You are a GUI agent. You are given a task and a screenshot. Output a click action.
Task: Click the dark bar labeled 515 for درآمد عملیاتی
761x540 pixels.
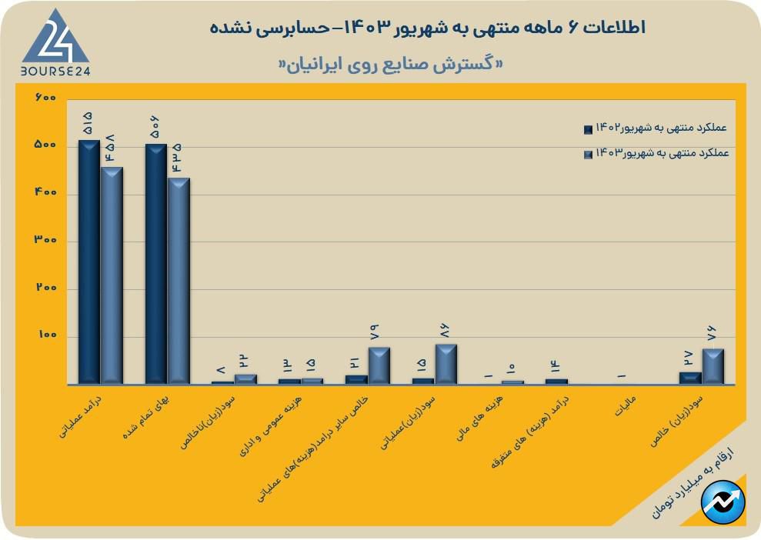pyautogui.click(x=88, y=262)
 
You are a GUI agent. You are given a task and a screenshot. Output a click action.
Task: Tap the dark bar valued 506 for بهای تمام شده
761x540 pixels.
pyautogui.click(x=156, y=264)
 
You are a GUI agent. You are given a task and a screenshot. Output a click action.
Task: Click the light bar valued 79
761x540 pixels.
pyautogui.click(x=379, y=365)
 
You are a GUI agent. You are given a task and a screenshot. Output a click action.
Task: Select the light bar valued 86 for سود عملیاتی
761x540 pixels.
pyautogui.click(x=446, y=364)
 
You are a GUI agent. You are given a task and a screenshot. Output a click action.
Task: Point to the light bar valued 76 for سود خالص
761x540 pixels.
pyautogui.click(x=713, y=366)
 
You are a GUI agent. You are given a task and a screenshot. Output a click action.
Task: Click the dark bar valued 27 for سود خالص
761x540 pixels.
pyautogui.click(x=690, y=378)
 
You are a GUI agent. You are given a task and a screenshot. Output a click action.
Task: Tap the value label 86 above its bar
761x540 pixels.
pyautogui.click(x=446, y=331)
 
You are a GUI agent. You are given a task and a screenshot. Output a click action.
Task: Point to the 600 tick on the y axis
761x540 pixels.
pyautogui.click(x=46, y=98)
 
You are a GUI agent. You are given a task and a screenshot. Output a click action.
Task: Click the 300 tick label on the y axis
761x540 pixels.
pyautogui.click(x=46, y=241)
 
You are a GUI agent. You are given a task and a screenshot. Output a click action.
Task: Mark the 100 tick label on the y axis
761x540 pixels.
pyautogui.click(x=46, y=336)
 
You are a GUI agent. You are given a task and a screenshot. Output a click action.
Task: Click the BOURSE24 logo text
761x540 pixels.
pyautogui.click(x=55, y=71)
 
